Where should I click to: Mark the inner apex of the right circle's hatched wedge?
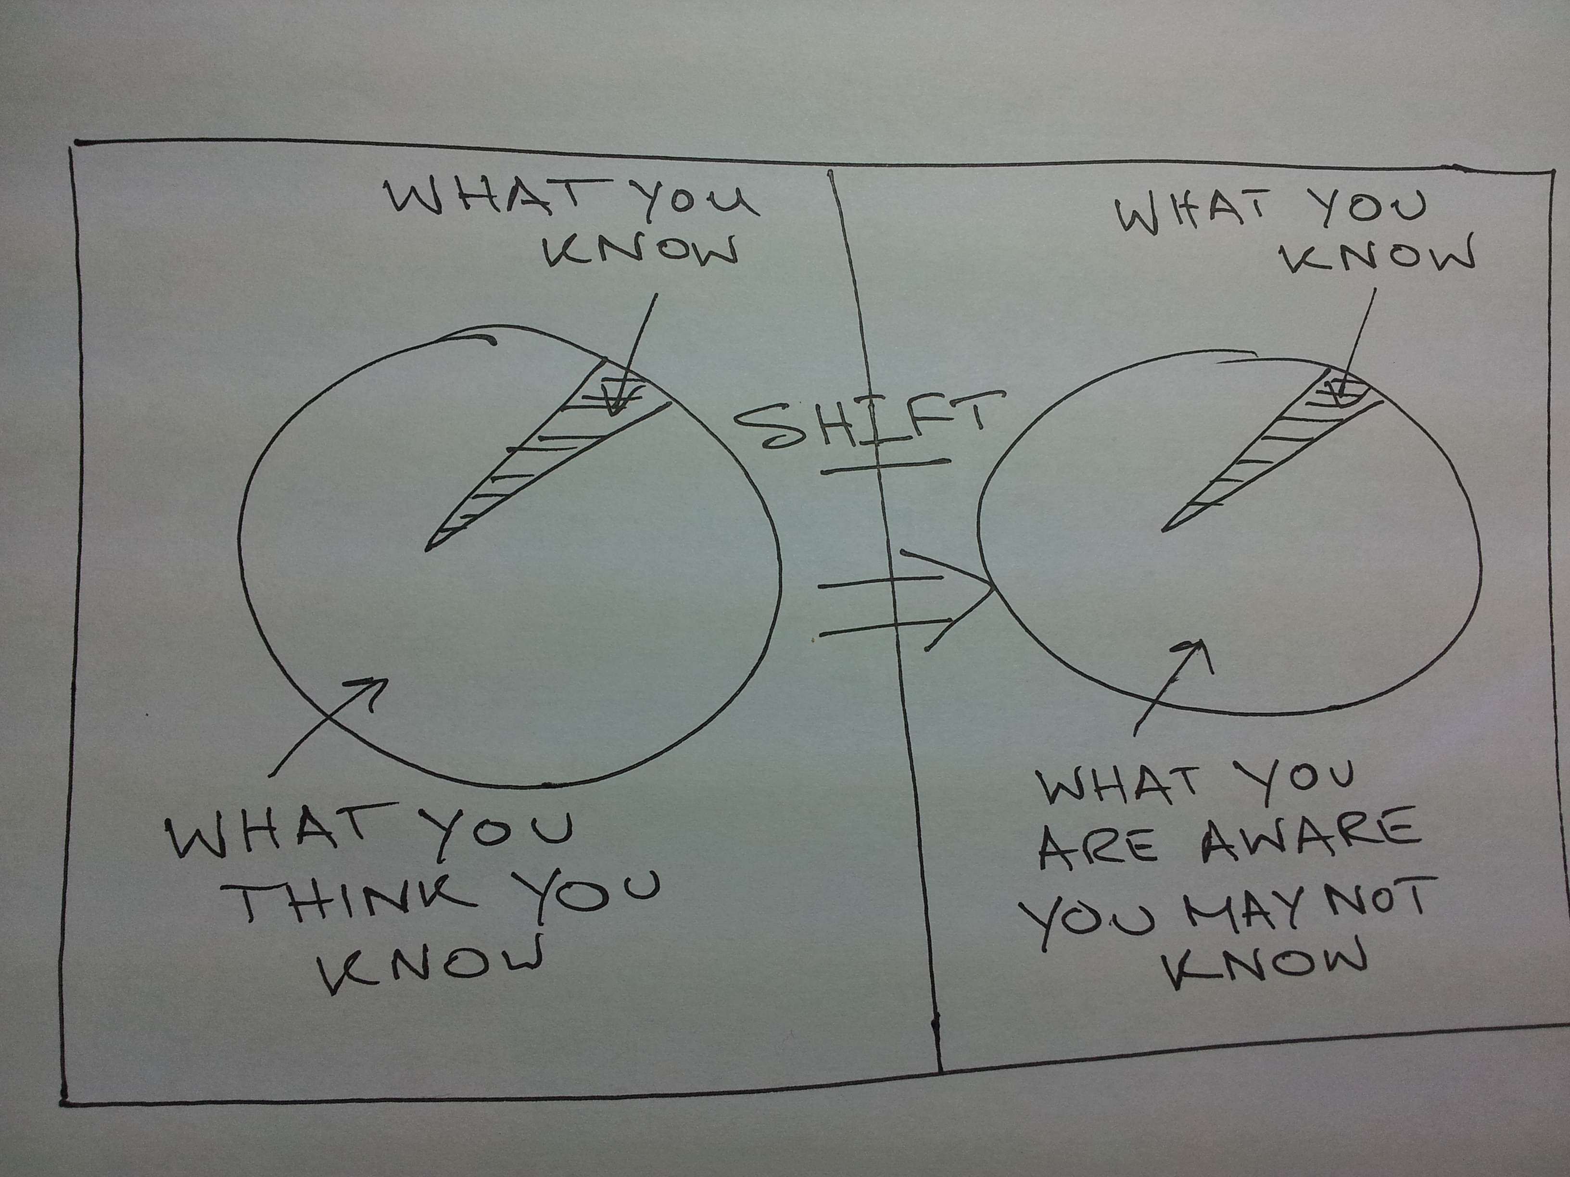pyautogui.click(x=1162, y=530)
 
